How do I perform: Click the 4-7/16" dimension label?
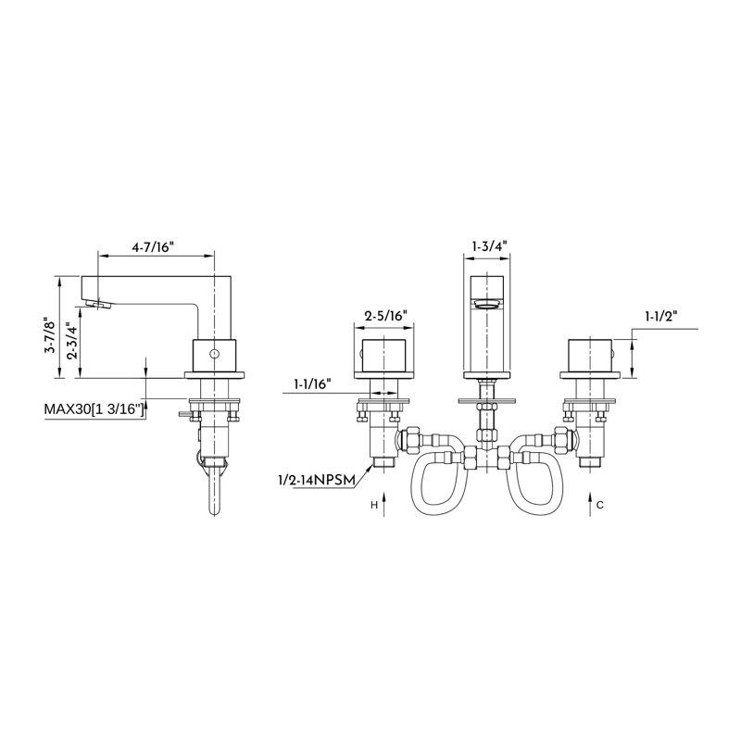pyautogui.click(x=154, y=247)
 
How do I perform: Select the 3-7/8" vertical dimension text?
pyautogui.click(x=49, y=338)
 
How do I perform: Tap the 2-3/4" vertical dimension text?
pyautogui.click(x=71, y=341)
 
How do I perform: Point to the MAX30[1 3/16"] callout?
pyautogui.click(x=94, y=409)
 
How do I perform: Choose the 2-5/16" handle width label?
pyautogui.click(x=385, y=316)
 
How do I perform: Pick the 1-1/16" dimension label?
pyautogui.click(x=309, y=384)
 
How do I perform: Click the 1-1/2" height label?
pyautogui.click(x=661, y=317)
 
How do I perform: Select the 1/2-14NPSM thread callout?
pyautogui.click(x=317, y=481)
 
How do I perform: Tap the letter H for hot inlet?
pyautogui.click(x=374, y=506)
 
